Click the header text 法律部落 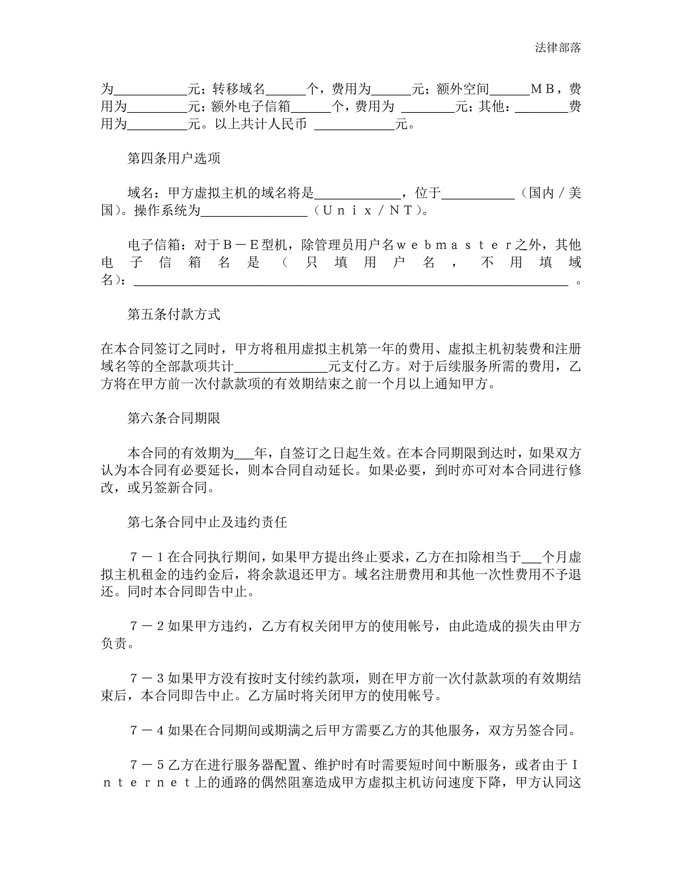pyautogui.click(x=558, y=48)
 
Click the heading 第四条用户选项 pyautogui.click(x=174, y=158)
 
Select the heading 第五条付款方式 pyautogui.click(x=174, y=314)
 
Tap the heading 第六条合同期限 pyautogui.click(x=174, y=418)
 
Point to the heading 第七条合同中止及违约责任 pyautogui.click(x=207, y=522)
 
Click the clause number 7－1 pyautogui.click(x=146, y=557)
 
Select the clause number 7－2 pyautogui.click(x=146, y=626)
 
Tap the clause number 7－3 pyautogui.click(x=146, y=679)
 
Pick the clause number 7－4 pyautogui.click(x=146, y=730)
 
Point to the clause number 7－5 pyautogui.click(x=146, y=765)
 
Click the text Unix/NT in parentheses pyautogui.click(x=367, y=210)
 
